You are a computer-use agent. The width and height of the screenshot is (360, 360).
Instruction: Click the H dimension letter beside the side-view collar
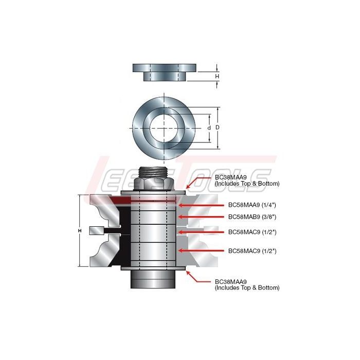217,76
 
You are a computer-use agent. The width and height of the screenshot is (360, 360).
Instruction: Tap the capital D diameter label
218,128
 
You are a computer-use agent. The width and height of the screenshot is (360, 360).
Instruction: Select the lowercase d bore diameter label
209,128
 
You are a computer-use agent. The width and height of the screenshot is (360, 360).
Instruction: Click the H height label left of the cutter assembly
80,231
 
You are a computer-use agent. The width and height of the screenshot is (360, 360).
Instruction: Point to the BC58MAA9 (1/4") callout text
252,205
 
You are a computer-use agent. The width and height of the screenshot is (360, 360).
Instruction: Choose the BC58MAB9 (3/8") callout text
252,217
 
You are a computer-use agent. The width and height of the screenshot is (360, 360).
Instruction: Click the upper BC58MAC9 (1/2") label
252,232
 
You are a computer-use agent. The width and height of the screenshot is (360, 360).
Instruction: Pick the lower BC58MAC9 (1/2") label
252,251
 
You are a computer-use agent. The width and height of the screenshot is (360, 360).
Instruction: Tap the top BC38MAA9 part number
230,177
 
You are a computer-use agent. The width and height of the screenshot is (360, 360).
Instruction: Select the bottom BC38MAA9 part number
230,281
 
